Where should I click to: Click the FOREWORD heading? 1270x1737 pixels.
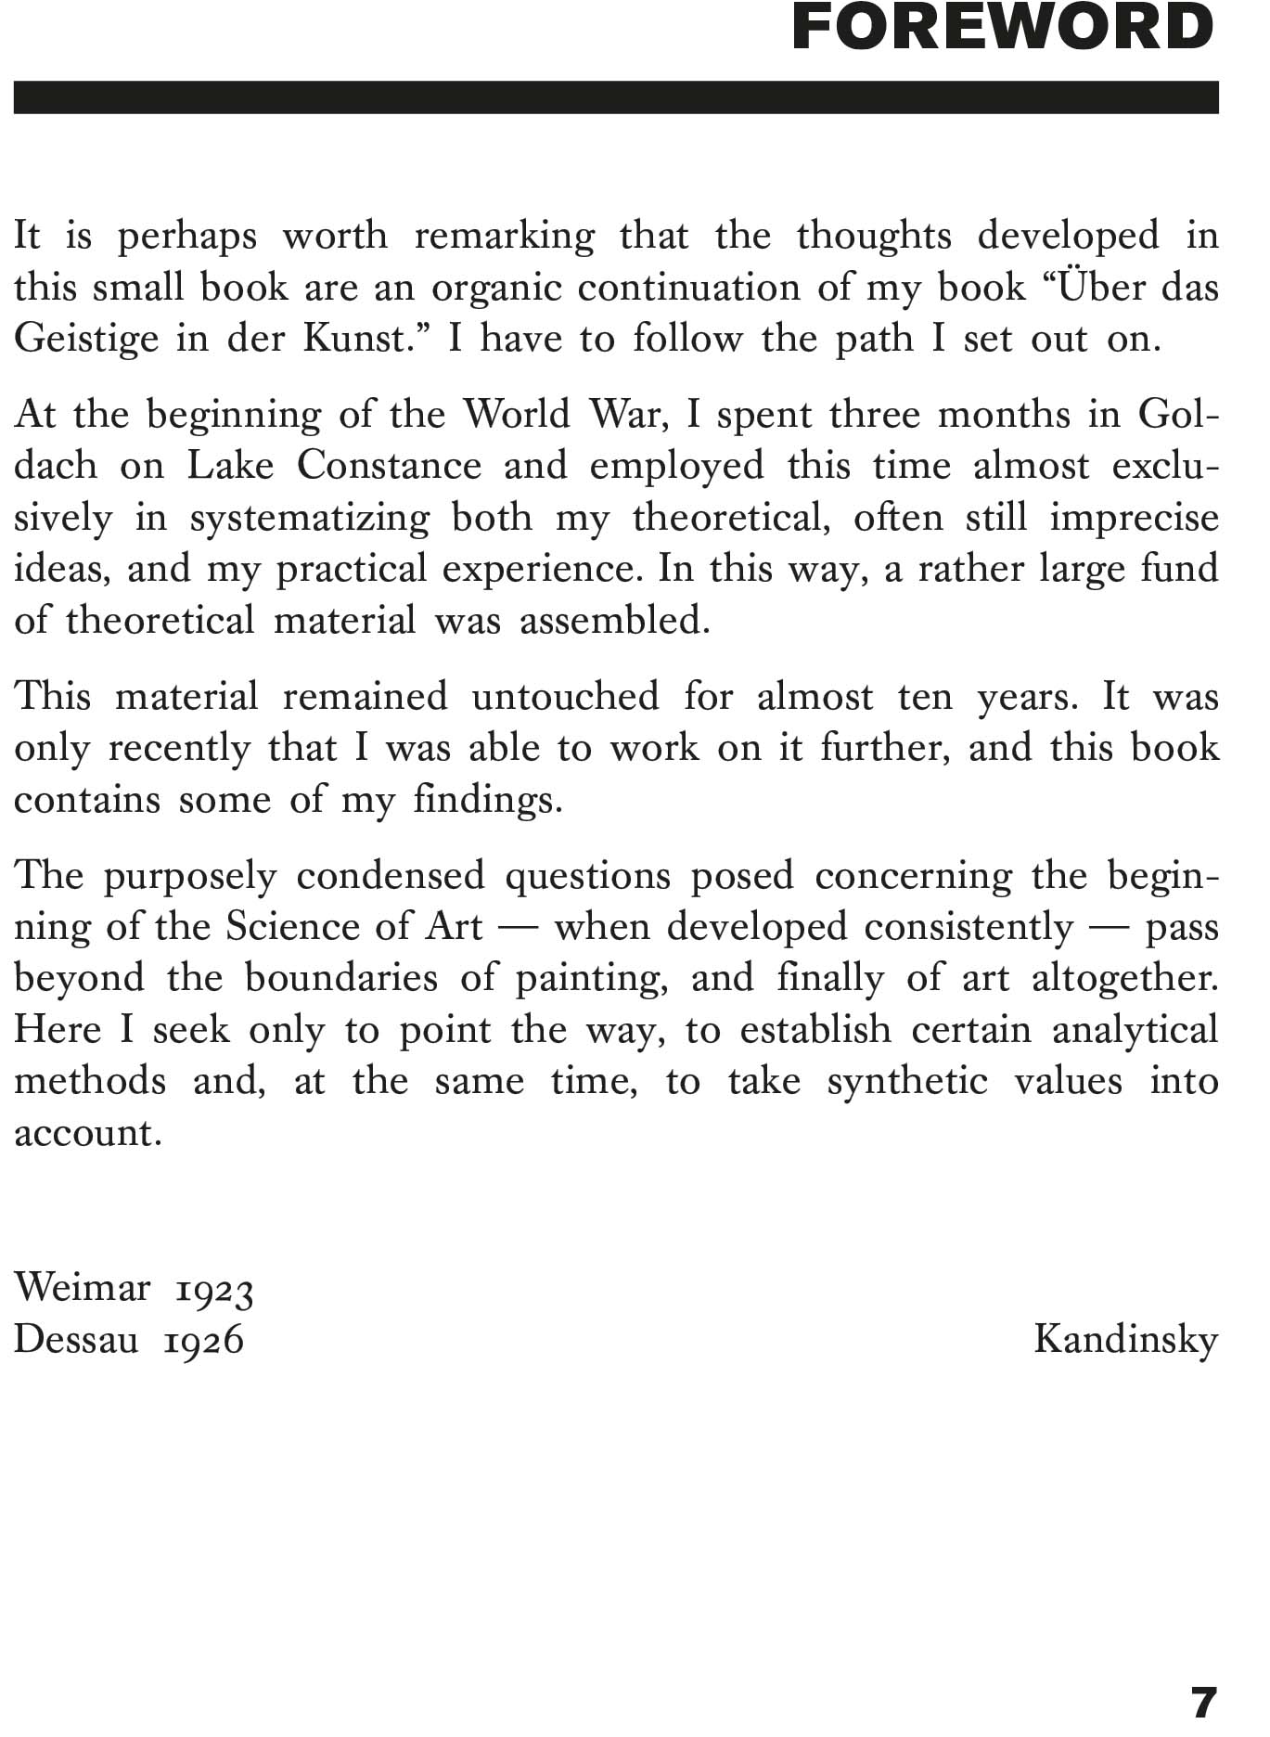[1003, 28]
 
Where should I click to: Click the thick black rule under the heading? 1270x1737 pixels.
[616, 97]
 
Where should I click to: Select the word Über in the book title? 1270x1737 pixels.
[1098, 287]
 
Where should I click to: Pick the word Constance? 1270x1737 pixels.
[389, 465]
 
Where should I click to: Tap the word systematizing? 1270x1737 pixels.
[310, 518]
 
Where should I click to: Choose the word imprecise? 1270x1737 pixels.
[1134, 518]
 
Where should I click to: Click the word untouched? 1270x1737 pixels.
[565, 696]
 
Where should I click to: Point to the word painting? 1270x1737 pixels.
[591, 978]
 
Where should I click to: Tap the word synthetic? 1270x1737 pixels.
[907, 1082]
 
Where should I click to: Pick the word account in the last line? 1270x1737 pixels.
[87, 1133]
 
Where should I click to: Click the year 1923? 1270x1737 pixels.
[214, 1290]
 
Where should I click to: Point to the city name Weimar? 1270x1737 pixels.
[83, 1288]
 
